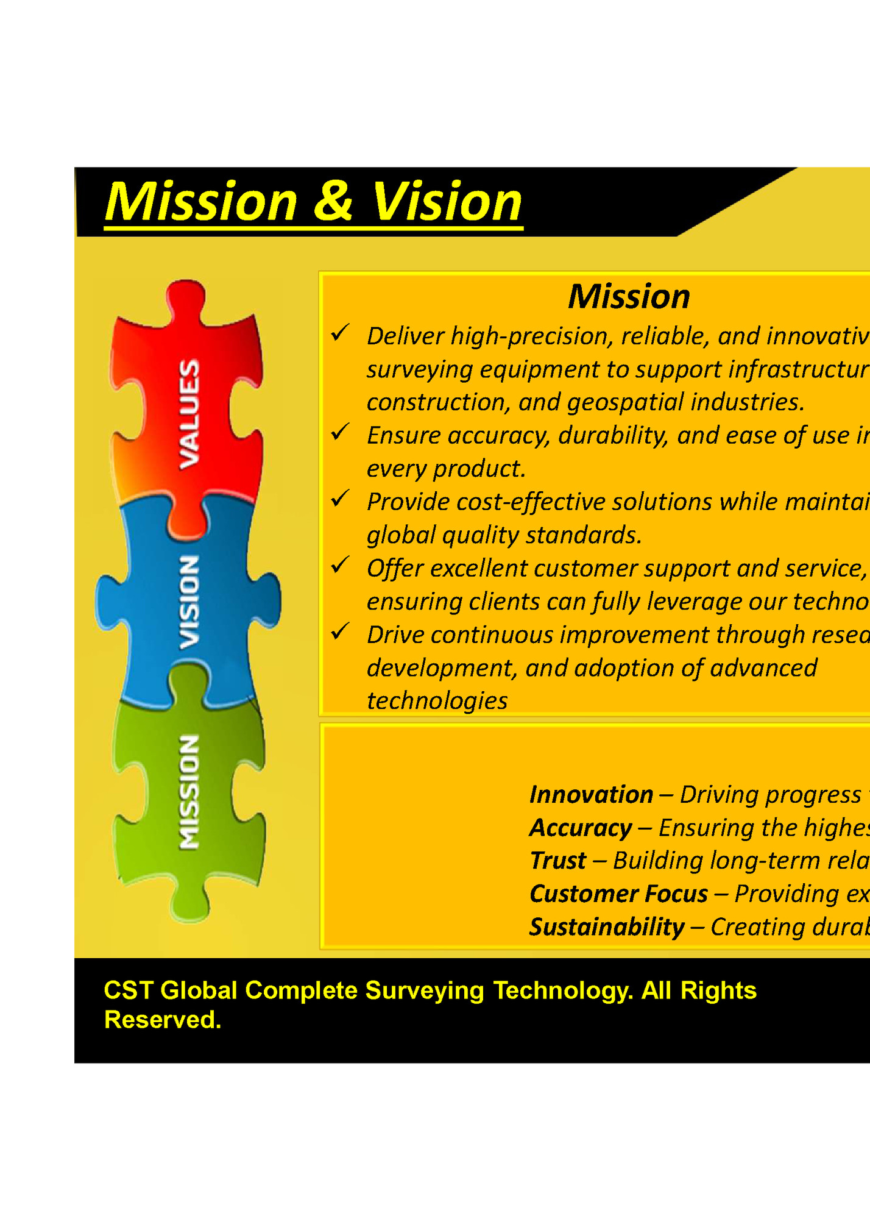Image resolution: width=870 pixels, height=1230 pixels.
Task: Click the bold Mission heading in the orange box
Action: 629,297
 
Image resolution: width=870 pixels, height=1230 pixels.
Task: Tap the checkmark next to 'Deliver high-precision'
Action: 339,333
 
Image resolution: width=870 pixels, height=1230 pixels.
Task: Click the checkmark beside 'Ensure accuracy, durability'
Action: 339,432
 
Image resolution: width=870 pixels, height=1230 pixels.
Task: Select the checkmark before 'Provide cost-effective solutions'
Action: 339,499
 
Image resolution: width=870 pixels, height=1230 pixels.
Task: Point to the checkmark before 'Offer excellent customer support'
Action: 339,565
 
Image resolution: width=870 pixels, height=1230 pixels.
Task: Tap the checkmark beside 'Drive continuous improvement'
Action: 339,631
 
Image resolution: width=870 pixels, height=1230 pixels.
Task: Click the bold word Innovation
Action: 591,795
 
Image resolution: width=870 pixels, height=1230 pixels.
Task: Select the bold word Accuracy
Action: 580,828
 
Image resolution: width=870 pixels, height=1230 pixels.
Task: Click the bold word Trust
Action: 557,861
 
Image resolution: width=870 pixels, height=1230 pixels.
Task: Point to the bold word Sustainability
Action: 607,927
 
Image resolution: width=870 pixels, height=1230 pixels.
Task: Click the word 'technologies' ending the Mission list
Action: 437,701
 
